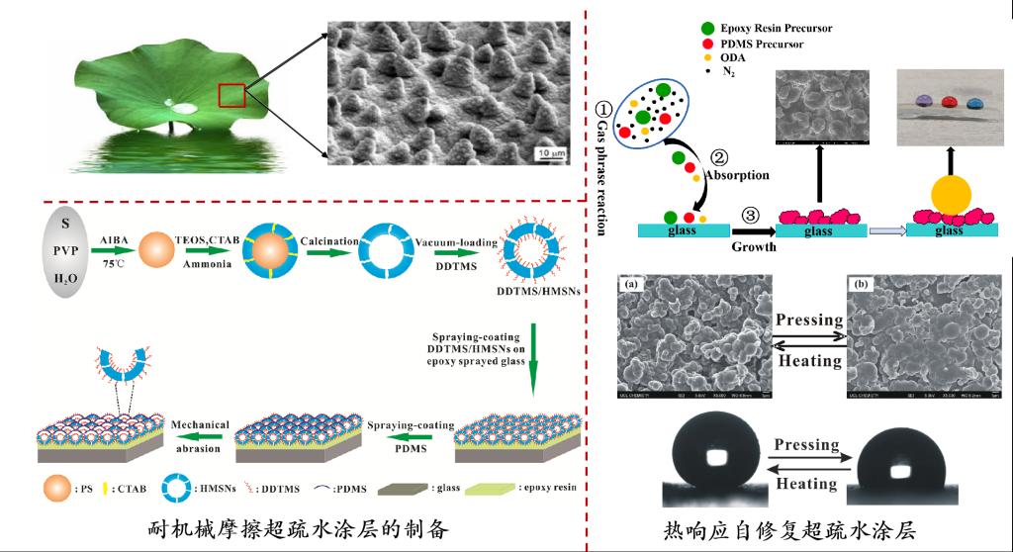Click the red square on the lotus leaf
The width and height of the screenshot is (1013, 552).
tap(231, 96)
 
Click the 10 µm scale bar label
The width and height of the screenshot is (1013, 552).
tap(551, 153)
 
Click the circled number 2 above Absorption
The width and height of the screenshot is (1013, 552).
tap(719, 157)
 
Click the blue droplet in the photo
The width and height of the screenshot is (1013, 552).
tap(976, 102)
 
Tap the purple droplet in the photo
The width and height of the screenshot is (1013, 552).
tap(923, 102)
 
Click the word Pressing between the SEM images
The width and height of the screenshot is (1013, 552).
tap(809, 321)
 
